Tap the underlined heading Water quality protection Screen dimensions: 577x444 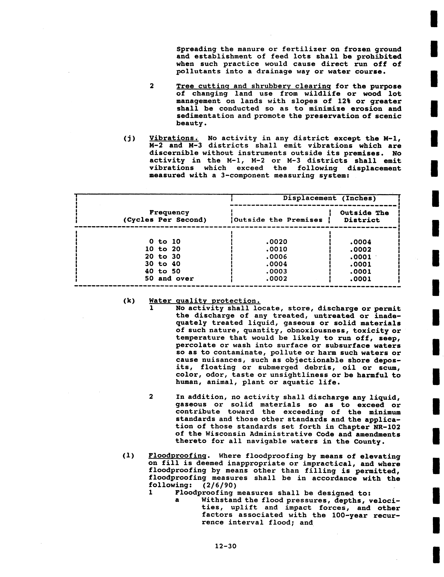(205, 301)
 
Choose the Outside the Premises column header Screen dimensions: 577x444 (278, 220)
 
